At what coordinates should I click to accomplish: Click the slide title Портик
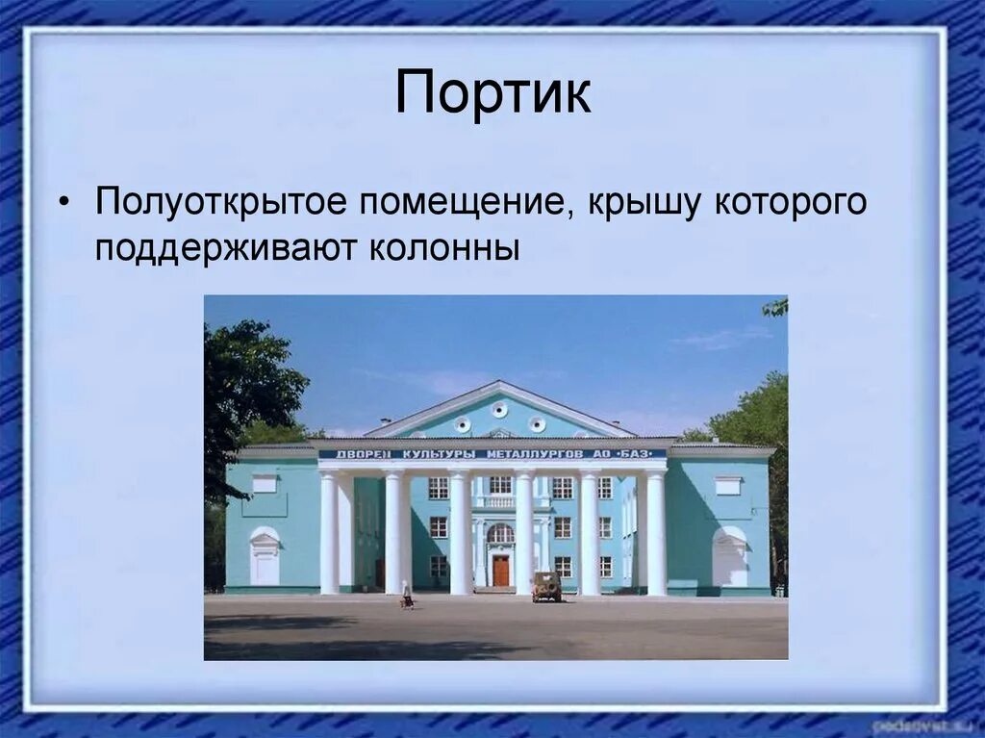[x=492, y=92]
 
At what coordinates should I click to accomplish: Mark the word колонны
[x=443, y=248]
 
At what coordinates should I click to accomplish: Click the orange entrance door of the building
[x=500, y=571]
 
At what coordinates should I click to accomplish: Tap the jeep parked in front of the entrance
[x=546, y=586]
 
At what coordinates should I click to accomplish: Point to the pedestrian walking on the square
[x=407, y=596]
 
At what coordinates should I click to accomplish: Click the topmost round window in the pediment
[x=498, y=410]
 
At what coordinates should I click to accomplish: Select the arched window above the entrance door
[x=500, y=533]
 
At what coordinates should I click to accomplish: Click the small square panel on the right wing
[x=728, y=486]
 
